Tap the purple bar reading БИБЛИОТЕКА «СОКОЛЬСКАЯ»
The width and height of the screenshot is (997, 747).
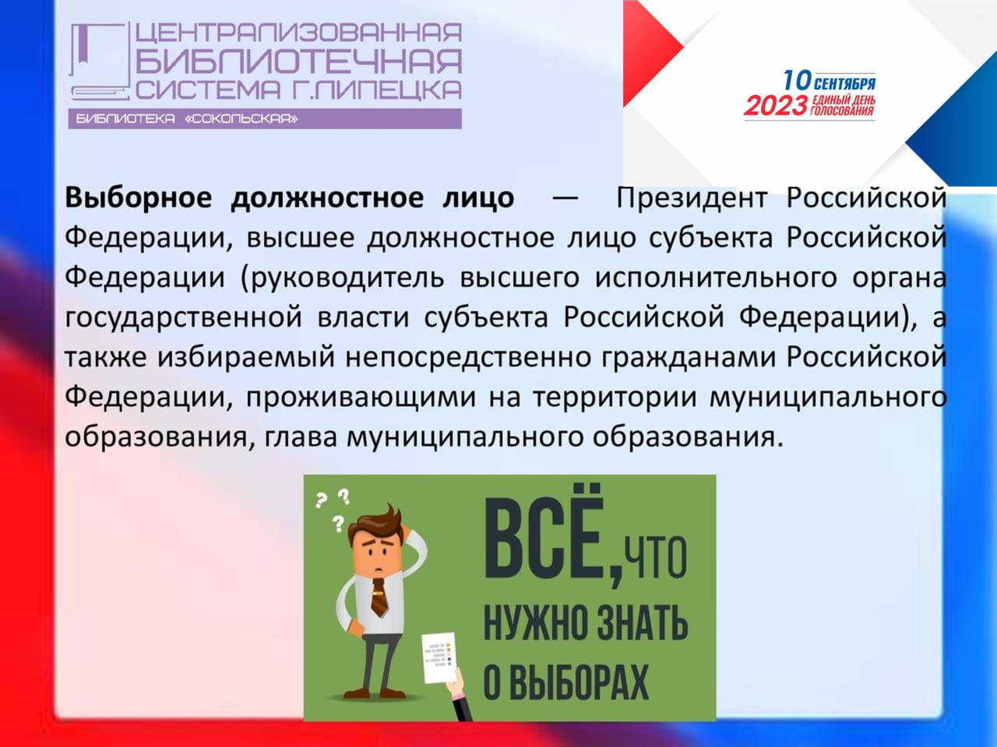(x=265, y=119)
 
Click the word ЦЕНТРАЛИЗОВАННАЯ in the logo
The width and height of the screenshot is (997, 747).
(x=298, y=33)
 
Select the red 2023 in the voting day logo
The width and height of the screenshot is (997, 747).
(x=775, y=106)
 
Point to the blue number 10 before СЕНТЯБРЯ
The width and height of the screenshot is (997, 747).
(x=797, y=81)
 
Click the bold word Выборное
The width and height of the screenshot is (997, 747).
(x=138, y=198)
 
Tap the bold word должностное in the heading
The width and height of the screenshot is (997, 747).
(x=327, y=199)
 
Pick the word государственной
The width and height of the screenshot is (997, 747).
(x=183, y=318)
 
